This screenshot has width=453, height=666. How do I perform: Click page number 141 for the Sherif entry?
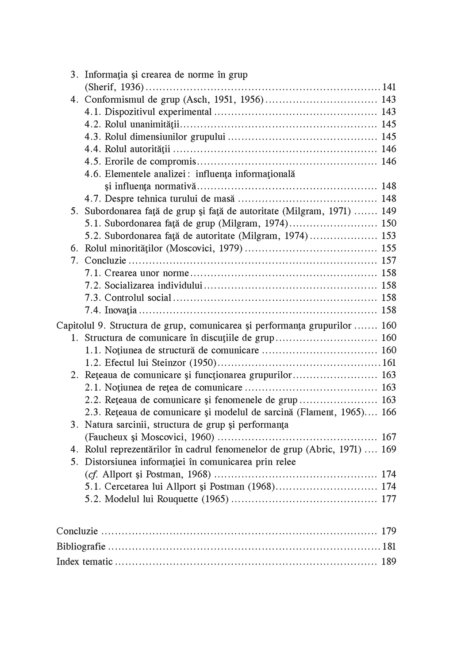[389, 87]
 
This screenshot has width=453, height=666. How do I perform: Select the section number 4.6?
[93, 174]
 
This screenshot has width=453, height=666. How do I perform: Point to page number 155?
[389, 248]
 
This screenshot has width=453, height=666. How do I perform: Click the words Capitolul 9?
[81, 326]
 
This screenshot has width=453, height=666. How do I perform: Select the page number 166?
[389, 412]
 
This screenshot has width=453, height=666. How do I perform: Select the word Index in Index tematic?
[67, 562]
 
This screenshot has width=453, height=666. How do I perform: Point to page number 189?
[389, 562]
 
